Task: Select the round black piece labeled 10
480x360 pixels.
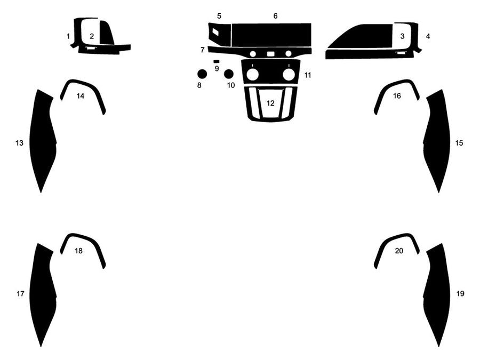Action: coord(229,74)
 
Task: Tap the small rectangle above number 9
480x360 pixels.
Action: coord(216,62)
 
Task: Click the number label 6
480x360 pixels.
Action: coord(276,16)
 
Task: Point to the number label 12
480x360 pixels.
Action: coord(271,103)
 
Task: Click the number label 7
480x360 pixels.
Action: coord(203,50)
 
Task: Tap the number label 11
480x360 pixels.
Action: coord(308,75)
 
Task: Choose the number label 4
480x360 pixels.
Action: coord(428,36)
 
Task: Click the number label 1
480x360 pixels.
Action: coord(68,36)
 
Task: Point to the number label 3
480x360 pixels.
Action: coord(402,36)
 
